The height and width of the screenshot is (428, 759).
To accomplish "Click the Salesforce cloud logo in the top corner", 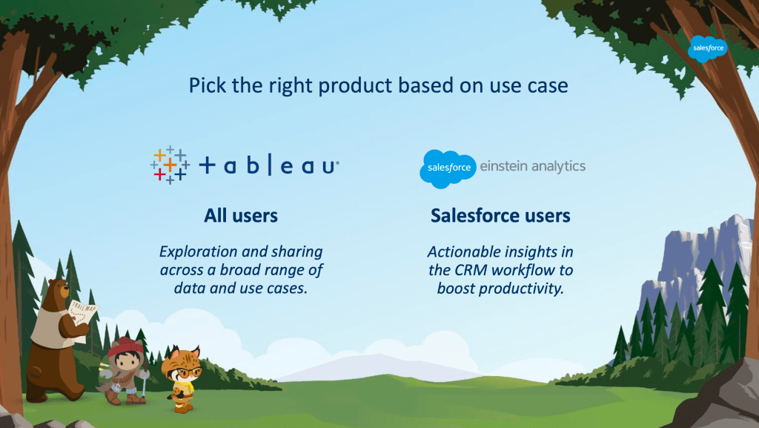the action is (707, 48).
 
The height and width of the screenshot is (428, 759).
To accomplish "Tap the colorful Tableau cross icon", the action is (170, 165).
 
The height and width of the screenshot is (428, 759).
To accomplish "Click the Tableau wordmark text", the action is (269, 165).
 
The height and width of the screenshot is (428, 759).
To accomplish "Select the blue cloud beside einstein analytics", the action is (448, 168).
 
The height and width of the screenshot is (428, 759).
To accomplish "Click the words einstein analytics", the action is (532, 166).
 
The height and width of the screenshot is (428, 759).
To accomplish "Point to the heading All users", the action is (241, 215).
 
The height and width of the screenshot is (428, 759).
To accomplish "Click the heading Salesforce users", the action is (500, 215).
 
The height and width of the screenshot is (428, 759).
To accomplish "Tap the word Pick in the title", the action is (208, 86).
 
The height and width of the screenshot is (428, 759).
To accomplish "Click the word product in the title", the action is (355, 86).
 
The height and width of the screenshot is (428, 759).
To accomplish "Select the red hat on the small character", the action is (125, 346).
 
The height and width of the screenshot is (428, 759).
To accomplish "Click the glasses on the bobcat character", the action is (187, 372).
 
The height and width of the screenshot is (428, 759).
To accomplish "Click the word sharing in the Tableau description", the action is (297, 252).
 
